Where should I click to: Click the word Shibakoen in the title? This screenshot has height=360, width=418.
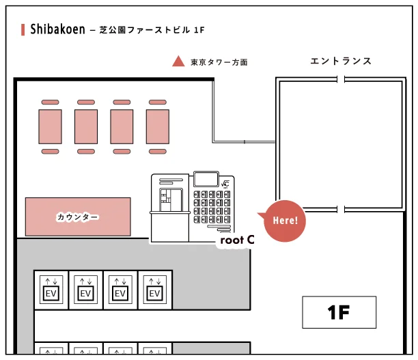[57, 29]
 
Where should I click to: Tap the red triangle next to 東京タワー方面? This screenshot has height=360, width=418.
[178, 61]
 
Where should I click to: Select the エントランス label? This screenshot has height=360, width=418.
[340, 61]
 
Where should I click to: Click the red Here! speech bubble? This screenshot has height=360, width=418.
[284, 221]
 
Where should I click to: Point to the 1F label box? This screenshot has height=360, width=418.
[339, 313]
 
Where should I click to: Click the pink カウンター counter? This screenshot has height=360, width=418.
[78, 217]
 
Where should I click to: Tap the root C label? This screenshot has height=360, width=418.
[236, 240]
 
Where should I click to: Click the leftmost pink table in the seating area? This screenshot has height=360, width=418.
[51, 126]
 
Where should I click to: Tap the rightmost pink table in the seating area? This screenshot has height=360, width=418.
[156, 126]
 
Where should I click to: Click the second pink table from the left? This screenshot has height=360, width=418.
[86, 126]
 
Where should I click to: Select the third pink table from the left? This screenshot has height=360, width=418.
[122, 126]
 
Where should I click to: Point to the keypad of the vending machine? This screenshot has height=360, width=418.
[213, 207]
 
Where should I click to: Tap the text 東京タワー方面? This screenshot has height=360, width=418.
[219, 62]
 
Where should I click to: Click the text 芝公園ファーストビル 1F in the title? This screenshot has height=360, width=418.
[152, 30]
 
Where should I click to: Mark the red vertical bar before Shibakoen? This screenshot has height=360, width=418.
[24, 29]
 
